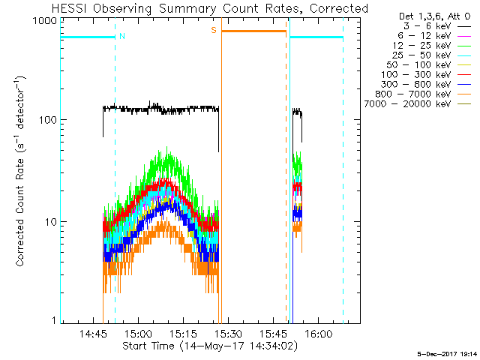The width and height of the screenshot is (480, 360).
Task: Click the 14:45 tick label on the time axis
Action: [94, 335]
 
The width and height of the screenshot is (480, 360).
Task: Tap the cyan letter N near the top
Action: [122, 35]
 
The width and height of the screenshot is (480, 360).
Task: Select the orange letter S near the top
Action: [213, 30]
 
